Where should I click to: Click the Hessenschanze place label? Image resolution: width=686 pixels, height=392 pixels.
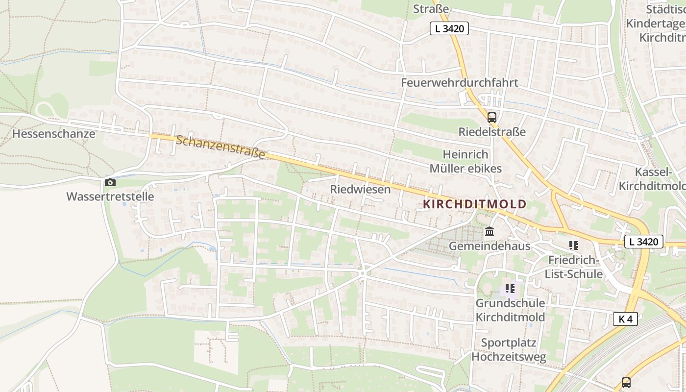point(54,134)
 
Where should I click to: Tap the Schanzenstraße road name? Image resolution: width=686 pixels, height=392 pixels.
point(220,147)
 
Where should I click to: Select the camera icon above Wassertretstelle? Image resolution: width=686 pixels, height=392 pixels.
point(110,183)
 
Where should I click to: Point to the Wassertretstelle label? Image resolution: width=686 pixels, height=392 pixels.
point(110,196)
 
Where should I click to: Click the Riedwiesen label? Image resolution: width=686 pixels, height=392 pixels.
point(361,189)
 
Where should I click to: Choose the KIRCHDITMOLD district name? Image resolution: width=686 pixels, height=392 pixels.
point(474,204)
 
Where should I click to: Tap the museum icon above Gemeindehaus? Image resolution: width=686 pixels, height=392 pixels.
point(489,231)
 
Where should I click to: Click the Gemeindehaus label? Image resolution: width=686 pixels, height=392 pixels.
point(490,246)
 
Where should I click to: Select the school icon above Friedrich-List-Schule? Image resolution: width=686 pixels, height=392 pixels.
point(573,245)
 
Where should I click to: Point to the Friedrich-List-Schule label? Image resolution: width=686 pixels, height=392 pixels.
point(573,267)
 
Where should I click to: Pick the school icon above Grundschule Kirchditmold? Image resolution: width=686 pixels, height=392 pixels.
point(510,289)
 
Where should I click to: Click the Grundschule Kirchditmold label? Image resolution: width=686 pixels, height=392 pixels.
point(510,310)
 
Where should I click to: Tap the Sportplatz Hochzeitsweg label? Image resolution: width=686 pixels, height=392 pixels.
point(509,350)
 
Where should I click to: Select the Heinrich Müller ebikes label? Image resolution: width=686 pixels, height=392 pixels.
point(465,162)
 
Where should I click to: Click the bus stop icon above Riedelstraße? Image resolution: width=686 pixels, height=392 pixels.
point(491,118)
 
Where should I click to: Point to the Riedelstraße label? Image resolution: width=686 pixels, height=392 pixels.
point(492,132)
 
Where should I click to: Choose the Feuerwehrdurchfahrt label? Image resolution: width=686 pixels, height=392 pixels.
point(459,82)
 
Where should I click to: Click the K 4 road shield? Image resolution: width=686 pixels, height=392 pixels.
point(625,319)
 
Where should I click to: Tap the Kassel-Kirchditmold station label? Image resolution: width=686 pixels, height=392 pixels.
point(652,179)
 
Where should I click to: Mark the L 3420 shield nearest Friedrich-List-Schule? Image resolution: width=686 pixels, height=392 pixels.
point(644,242)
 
